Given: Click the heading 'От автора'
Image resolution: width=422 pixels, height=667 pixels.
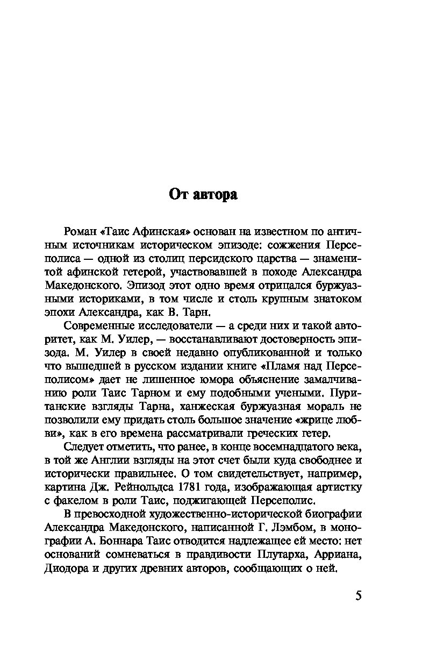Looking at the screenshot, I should (203, 194).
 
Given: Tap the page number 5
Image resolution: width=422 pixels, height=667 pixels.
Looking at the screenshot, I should (359, 597).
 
